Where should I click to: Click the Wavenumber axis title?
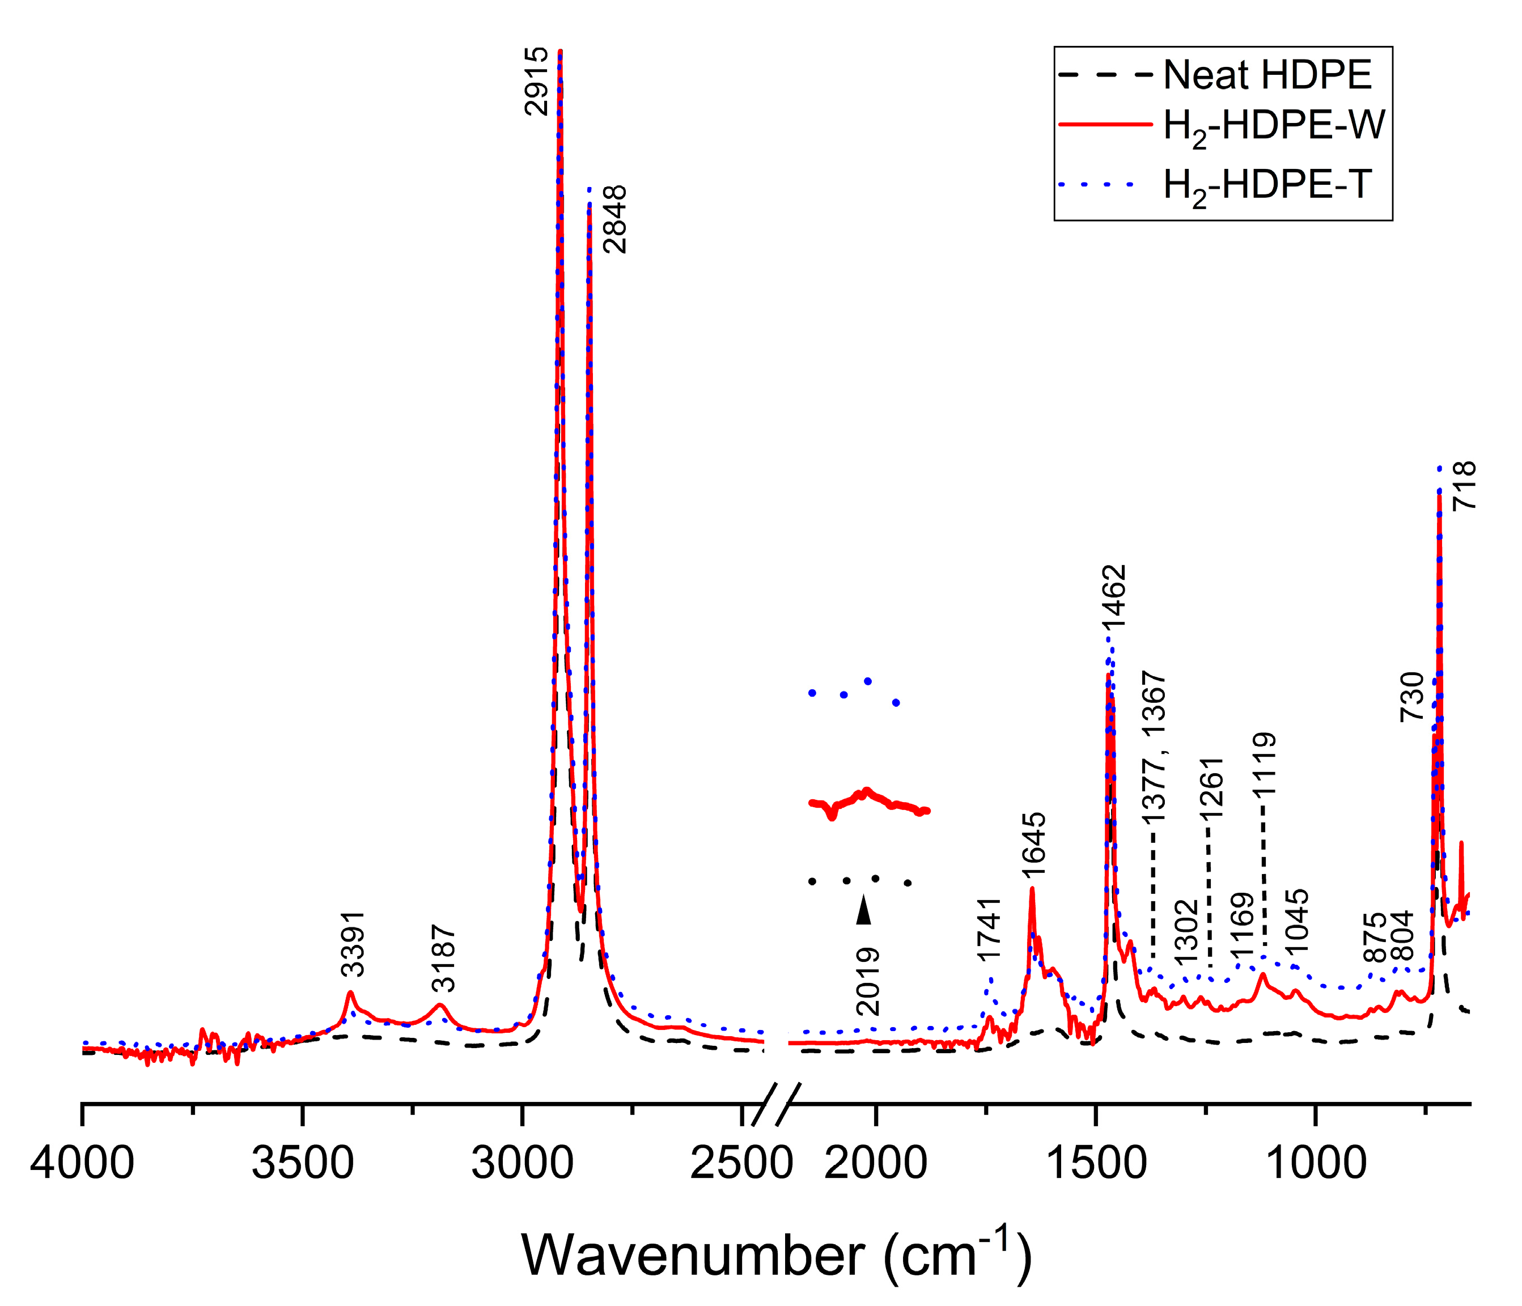777,1256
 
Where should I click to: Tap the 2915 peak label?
537,81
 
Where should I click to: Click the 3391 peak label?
353,944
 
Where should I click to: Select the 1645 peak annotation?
1033,845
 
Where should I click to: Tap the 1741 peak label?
990,929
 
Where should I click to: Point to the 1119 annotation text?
1265,764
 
